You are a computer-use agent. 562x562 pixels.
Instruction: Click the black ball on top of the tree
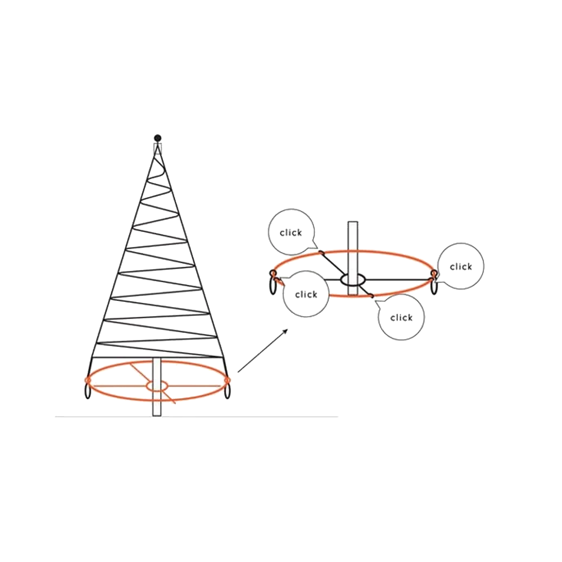pyautogui.click(x=158, y=138)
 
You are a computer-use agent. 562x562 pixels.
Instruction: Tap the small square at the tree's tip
pyautogui.click(x=158, y=148)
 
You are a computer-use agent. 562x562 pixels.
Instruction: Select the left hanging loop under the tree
pyautogui.click(x=88, y=391)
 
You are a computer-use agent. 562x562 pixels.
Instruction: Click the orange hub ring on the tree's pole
pyautogui.click(x=157, y=386)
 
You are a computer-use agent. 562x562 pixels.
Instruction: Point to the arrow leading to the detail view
pyautogui.click(x=263, y=351)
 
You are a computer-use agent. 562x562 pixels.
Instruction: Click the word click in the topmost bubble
pyautogui.click(x=291, y=233)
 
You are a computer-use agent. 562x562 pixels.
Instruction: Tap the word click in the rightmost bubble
pyautogui.click(x=461, y=267)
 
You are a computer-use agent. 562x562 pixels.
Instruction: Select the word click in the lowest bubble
pyautogui.click(x=402, y=318)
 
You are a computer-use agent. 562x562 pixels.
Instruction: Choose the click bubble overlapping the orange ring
pyautogui.click(x=306, y=294)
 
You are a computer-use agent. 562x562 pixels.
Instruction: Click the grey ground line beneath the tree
pyautogui.click(x=197, y=417)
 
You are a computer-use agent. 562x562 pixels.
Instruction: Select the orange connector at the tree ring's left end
pyautogui.click(x=87, y=380)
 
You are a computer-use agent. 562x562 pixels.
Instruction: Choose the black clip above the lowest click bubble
pyautogui.click(x=372, y=296)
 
